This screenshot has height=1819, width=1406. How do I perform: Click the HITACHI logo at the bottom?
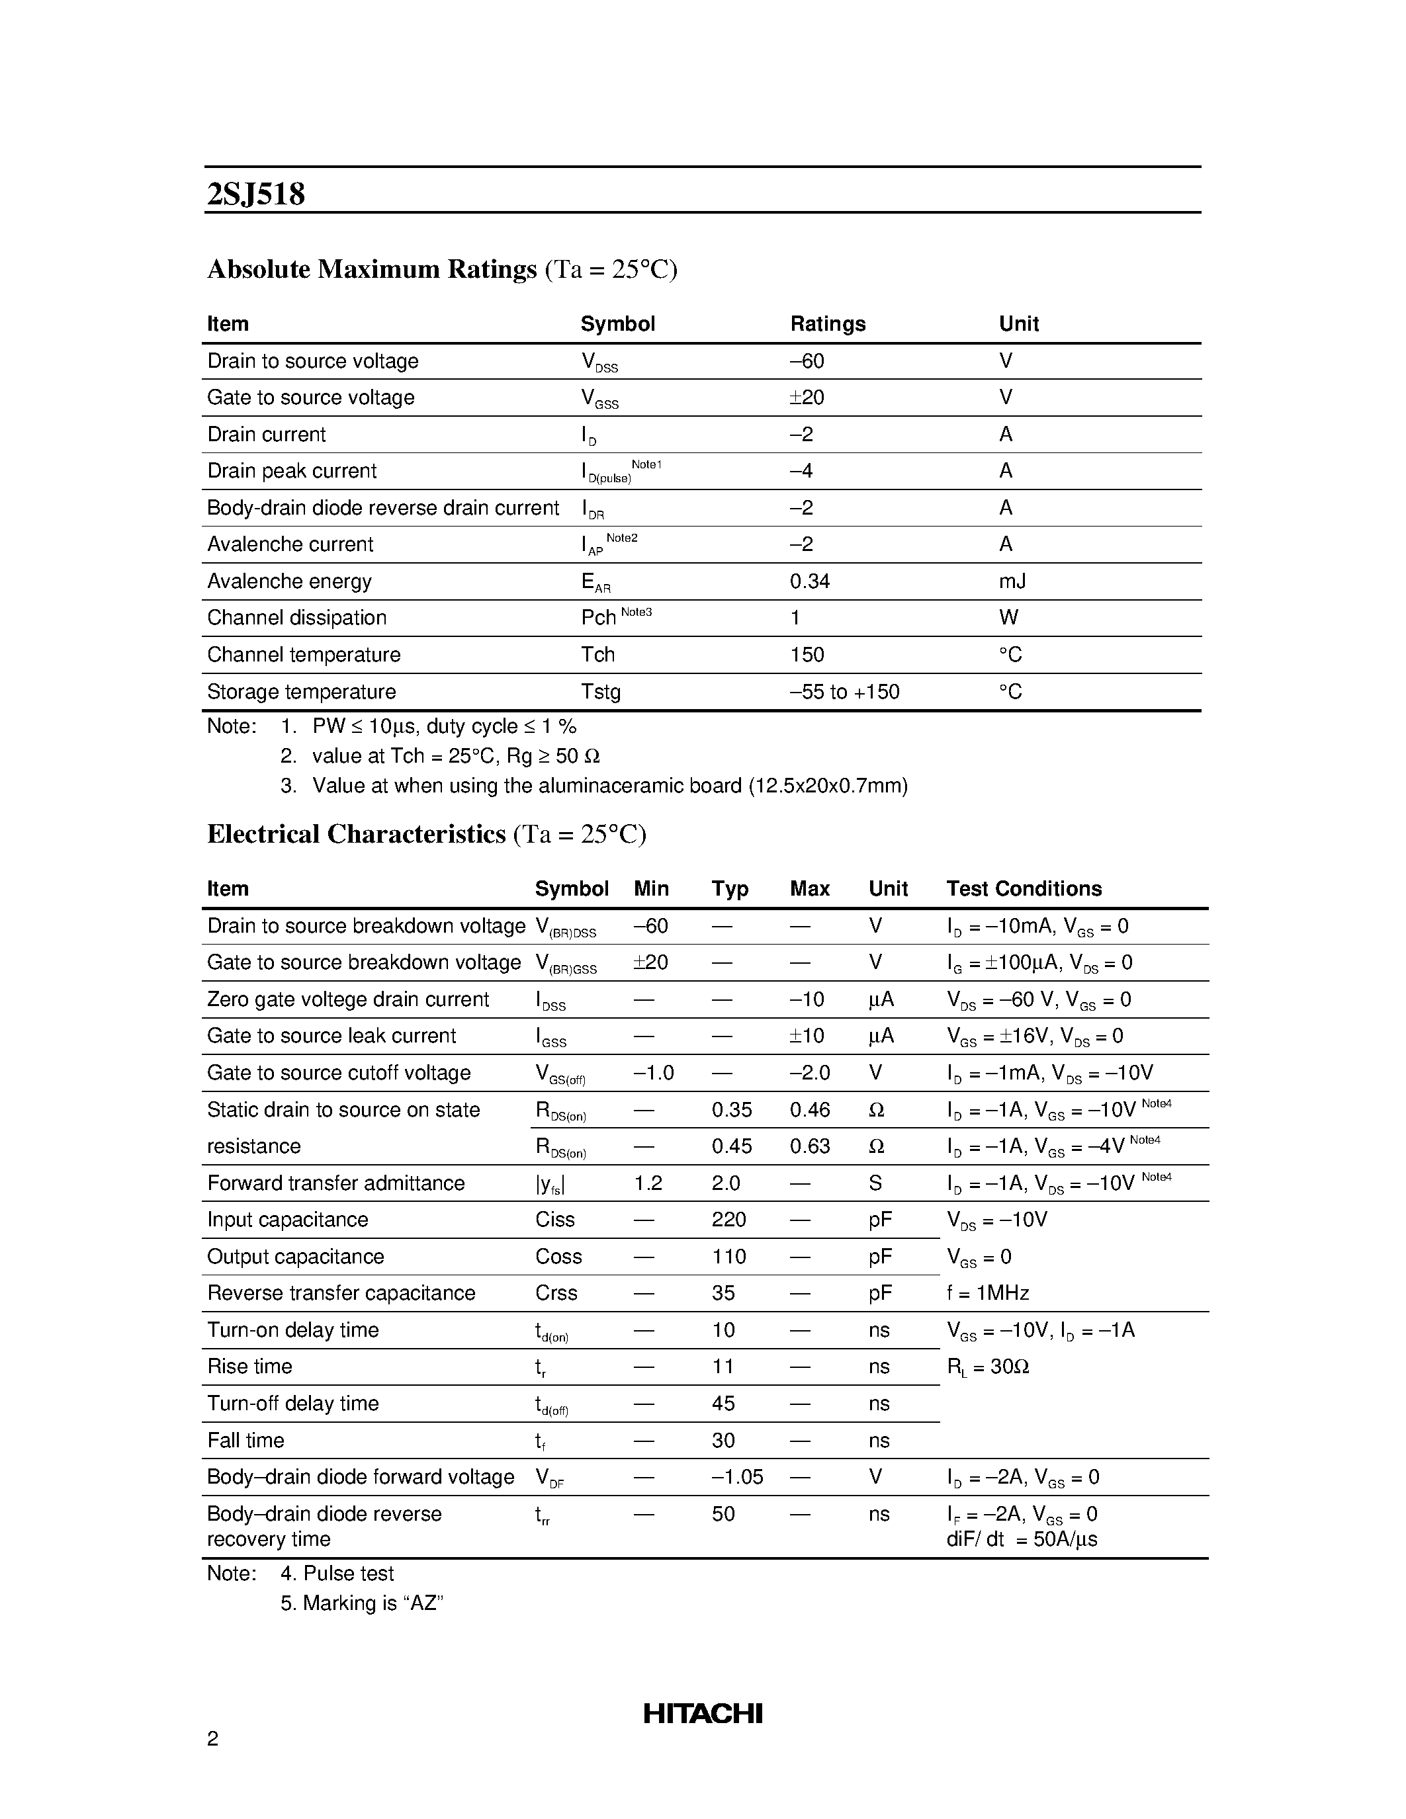click(702, 1713)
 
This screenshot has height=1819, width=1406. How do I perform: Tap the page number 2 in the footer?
click(212, 1738)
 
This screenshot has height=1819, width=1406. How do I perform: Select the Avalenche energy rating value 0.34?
click(810, 581)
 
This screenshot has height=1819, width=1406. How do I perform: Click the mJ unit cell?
click(1012, 581)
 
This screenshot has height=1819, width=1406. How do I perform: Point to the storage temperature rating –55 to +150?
click(845, 691)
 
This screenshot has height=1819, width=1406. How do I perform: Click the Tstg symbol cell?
click(601, 691)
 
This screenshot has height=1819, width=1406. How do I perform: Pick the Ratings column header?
click(827, 324)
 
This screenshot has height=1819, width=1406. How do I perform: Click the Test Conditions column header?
click(1024, 889)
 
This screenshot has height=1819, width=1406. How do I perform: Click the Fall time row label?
click(245, 1440)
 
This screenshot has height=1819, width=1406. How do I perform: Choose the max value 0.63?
click(810, 1146)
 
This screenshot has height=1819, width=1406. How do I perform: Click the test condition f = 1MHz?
click(988, 1292)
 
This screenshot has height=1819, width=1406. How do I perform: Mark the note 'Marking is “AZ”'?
click(361, 1603)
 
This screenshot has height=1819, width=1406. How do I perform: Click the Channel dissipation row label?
click(296, 618)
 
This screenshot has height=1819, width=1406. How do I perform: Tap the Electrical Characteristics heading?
click(357, 835)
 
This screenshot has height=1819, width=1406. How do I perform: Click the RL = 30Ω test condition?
click(988, 1367)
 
